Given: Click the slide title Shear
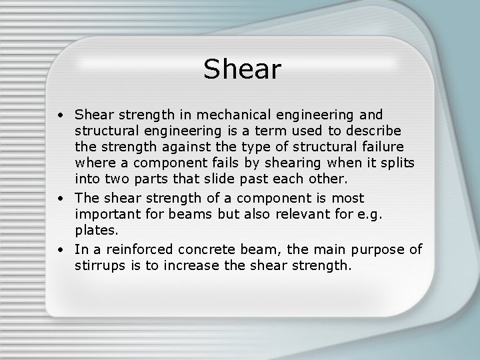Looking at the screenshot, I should pos(243,69).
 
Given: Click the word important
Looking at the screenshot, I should pos(109,215).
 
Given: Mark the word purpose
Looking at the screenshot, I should pos(373,250).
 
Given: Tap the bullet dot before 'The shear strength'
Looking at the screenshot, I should pos(60,198).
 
